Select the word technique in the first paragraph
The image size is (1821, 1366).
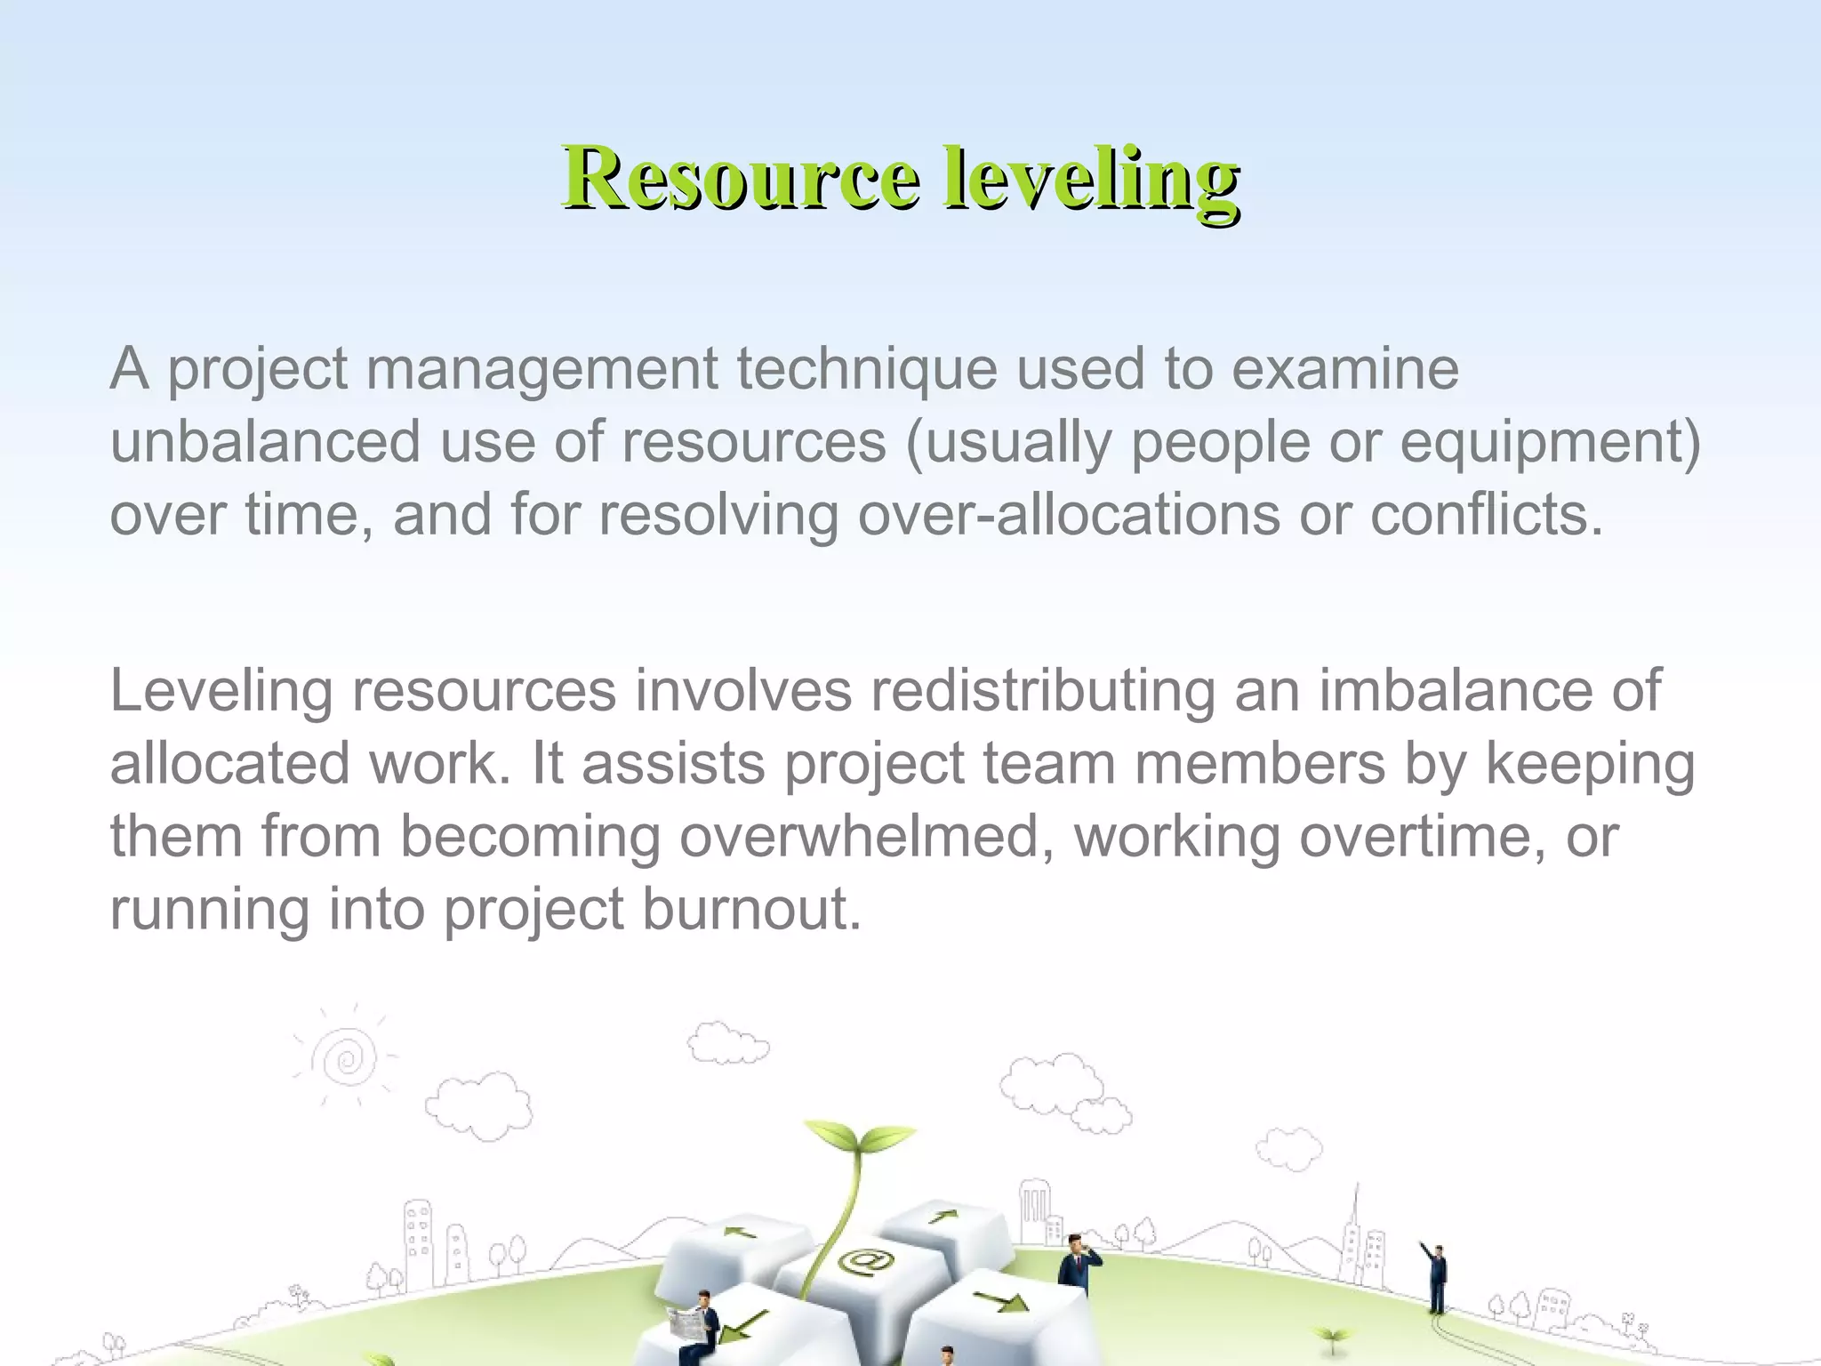pyautogui.click(x=866, y=368)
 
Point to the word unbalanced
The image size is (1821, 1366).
pyautogui.click(x=265, y=441)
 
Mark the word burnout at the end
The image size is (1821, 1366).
pyautogui.click(x=752, y=909)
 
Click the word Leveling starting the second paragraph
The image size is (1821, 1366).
pyautogui.click(x=221, y=692)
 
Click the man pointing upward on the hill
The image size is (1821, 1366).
pyautogui.click(x=1435, y=1277)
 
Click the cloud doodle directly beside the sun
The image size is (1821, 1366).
pyautogui.click(x=478, y=1105)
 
